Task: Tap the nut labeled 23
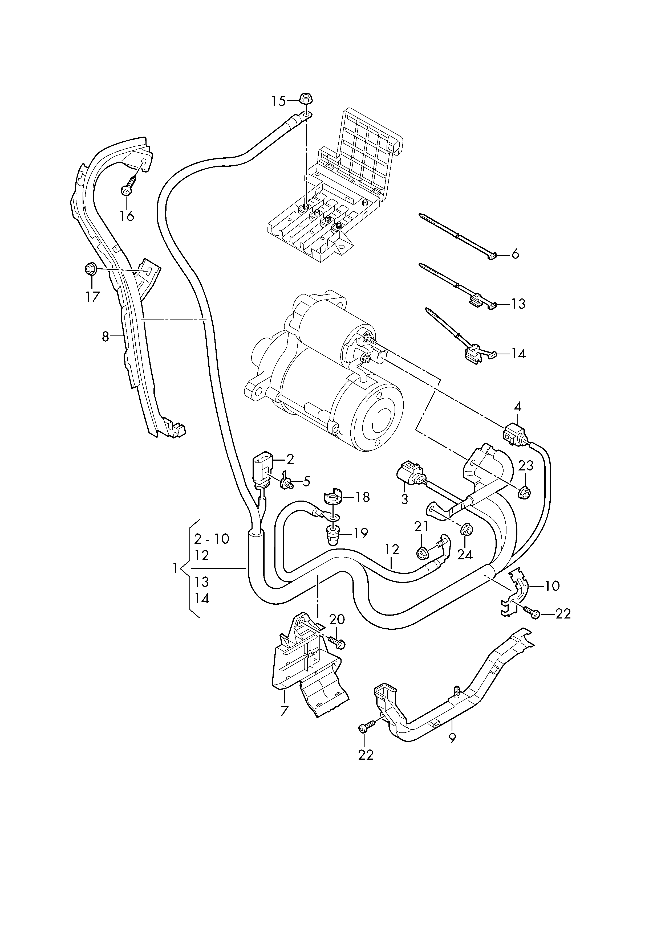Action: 525,493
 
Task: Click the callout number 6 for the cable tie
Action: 515,254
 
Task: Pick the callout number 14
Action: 518,354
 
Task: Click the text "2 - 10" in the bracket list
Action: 212,539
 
